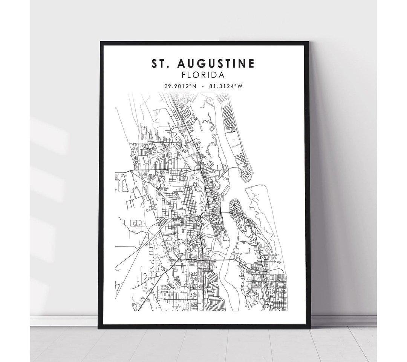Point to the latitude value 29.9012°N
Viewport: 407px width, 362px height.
click(x=180, y=86)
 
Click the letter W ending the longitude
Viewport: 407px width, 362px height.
click(x=239, y=86)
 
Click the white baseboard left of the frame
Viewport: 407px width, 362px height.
click(x=64, y=320)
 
